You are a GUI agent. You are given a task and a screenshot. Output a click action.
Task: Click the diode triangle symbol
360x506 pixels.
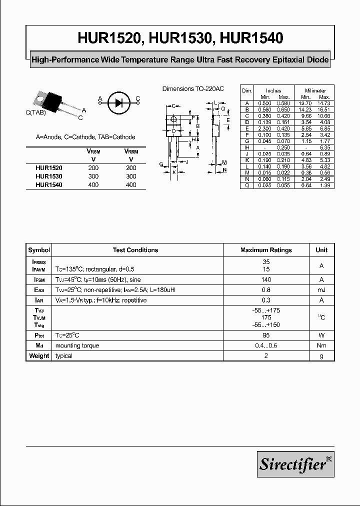pos(118,102)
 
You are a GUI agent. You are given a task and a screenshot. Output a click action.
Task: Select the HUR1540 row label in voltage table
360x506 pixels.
pos(49,184)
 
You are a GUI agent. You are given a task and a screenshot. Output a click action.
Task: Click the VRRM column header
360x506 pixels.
pos(131,151)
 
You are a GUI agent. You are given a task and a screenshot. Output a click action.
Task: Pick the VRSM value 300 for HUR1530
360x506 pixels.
pos(93,176)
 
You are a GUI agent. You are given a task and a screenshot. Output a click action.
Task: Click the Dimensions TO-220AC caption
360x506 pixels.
pos(193,88)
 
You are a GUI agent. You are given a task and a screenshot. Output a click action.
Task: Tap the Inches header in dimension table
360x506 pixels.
pos(274,90)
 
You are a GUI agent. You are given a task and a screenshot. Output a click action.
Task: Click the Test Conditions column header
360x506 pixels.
pos(135,250)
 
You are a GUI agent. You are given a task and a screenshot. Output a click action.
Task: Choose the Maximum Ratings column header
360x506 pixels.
pos(266,250)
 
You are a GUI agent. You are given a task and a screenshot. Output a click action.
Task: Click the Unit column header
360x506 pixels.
pos(321,250)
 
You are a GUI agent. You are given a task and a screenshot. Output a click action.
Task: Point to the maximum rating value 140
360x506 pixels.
pos(266,280)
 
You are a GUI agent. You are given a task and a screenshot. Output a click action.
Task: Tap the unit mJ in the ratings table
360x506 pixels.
pos(321,290)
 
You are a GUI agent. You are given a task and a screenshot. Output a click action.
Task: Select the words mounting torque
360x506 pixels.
pos(77,345)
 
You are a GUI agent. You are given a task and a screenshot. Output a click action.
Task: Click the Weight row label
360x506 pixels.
pos(39,356)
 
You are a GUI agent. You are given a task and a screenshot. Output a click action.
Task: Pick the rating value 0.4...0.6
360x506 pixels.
pos(266,345)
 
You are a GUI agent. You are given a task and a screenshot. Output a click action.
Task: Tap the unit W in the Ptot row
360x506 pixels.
pos(321,335)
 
